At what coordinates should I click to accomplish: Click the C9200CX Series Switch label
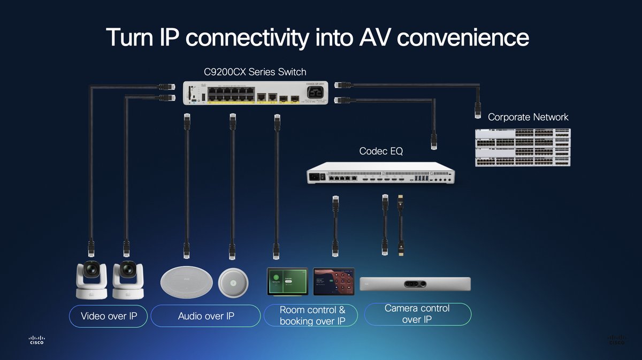255,72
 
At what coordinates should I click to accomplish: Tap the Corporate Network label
528,117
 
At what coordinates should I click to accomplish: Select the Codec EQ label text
381,152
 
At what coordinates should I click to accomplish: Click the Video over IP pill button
109,316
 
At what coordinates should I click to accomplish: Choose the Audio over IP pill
205,316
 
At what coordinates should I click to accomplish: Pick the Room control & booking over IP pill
312,316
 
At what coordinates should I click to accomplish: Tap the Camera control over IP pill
417,314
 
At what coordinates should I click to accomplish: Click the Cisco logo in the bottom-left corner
37,340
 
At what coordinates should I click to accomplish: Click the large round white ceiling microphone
184,281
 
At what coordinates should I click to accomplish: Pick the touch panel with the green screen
287,281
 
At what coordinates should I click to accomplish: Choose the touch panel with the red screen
334,281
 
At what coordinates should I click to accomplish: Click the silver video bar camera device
415,284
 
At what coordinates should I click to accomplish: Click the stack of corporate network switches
523,147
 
